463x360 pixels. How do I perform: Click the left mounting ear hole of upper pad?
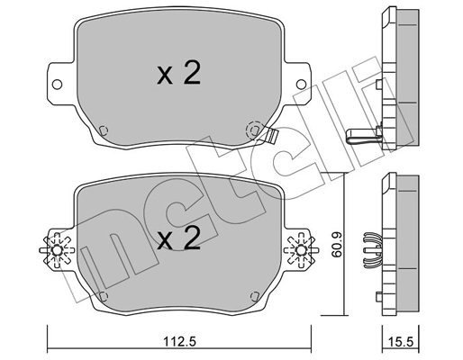click(59, 86)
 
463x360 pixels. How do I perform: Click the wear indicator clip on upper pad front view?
click(268, 136)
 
